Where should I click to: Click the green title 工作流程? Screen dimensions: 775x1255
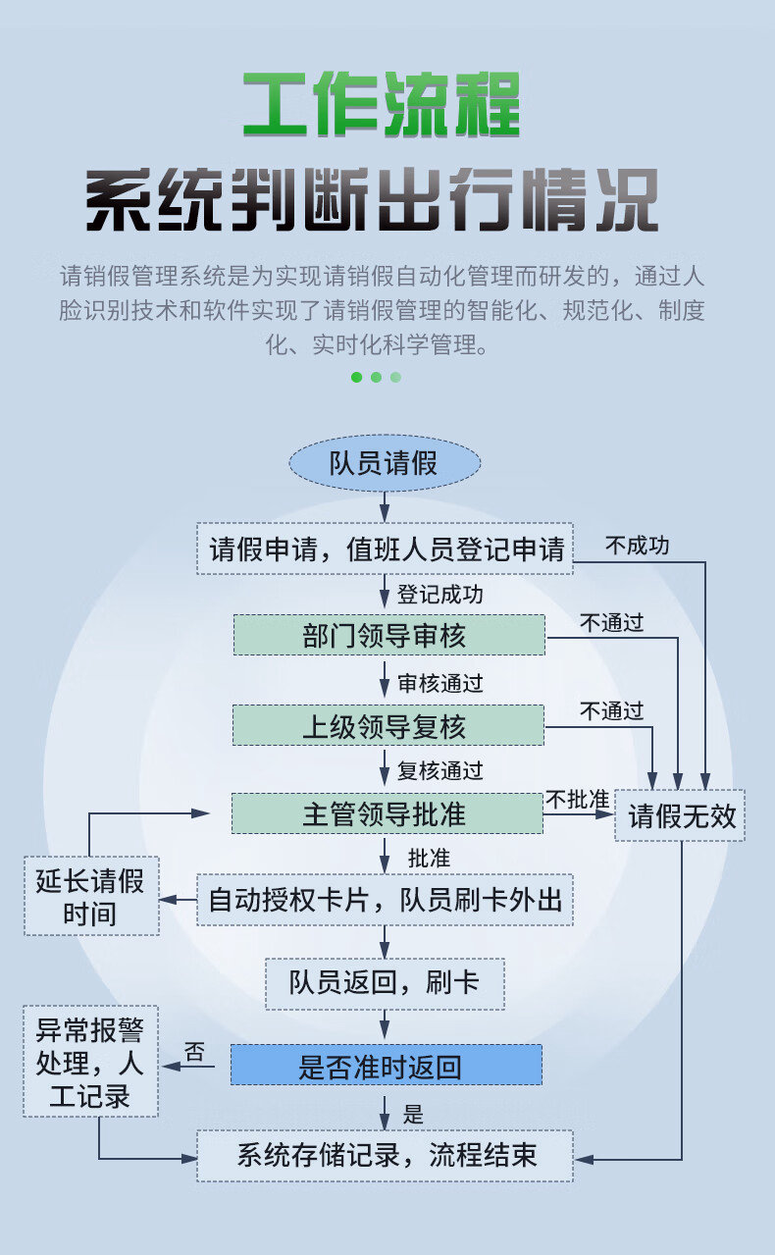[382, 104]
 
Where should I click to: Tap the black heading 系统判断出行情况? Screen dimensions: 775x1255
[372, 199]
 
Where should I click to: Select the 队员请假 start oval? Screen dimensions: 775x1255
[385, 463]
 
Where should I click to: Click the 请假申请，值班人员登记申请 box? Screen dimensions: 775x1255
[385, 549]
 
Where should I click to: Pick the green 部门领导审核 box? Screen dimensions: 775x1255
[389, 635]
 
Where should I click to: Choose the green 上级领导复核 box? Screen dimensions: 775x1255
[388, 725]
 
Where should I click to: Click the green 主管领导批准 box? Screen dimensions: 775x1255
[387, 813]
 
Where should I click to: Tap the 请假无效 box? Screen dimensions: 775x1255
[680, 815]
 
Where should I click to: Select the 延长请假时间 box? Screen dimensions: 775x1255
[91, 895]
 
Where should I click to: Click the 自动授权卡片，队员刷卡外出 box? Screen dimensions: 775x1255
[385, 899]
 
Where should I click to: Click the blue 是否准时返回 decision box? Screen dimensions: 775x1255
[387, 1065]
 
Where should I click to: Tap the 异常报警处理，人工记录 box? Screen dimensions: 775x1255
[90, 1061]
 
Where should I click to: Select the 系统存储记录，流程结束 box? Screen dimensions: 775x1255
[385, 1156]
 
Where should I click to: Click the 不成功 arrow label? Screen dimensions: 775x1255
[638, 546]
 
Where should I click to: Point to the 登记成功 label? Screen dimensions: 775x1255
[440, 595]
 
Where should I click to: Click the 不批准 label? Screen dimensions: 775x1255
[578, 800]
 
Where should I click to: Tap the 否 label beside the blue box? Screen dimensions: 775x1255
[194, 1051]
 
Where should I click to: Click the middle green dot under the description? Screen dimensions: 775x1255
[377, 377]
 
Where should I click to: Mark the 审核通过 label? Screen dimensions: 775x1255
[440, 683]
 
